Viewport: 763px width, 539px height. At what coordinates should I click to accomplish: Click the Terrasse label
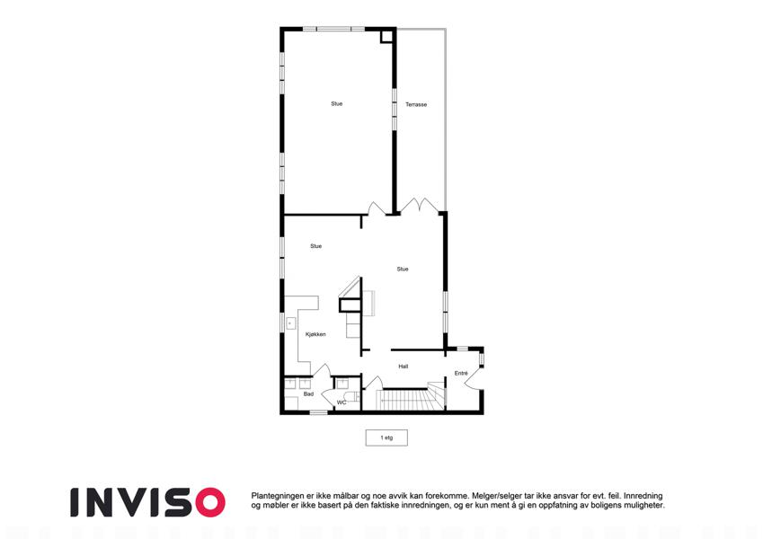[x=416, y=104]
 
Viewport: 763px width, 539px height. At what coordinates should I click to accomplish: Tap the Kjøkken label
[x=315, y=334]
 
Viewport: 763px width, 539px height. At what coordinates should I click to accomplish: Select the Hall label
[x=403, y=367]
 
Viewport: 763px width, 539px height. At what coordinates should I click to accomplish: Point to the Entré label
[x=461, y=373]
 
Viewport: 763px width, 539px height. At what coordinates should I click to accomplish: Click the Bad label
[x=308, y=394]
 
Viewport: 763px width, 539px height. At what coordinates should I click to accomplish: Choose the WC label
[x=342, y=402]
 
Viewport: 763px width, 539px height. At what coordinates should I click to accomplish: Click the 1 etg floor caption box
[x=386, y=437]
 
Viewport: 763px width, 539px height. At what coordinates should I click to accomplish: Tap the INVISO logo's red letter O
[x=209, y=502]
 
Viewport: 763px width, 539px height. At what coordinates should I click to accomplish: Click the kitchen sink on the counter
[x=291, y=323]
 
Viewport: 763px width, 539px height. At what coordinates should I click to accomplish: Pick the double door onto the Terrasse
[x=420, y=206]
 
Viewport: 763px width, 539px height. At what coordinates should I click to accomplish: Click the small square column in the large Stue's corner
[x=386, y=37]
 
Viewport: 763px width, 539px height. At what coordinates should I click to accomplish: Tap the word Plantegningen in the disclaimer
[x=275, y=496]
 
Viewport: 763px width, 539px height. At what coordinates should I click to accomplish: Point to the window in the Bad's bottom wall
[x=318, y=412]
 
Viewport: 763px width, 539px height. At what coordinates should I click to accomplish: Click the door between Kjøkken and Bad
[x=322, y=370]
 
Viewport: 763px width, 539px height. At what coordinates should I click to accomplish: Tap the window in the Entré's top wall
[x=461, y=349]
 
